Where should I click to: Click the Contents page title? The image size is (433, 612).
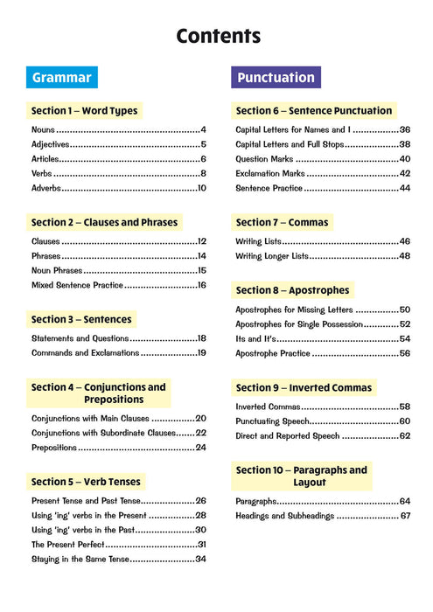[x=218, y=36]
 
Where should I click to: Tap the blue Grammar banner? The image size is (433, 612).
[x=61, y=77]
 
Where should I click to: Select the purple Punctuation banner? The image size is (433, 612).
[x=276, y=77]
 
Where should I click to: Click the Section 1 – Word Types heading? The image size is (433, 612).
[x=84, y=111]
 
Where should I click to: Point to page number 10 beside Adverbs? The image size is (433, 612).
[x=201, y=188]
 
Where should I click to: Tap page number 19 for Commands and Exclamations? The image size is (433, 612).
[x=201, y=353]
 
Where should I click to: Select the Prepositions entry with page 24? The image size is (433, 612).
[x=56, y=448]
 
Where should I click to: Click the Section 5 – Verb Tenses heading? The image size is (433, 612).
[x=86, y=481]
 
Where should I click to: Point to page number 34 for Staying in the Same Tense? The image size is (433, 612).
[x=200, y=559]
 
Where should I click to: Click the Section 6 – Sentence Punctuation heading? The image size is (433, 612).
[x=314, y=111]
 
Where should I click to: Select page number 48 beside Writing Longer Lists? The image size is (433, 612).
[x=405, y=256]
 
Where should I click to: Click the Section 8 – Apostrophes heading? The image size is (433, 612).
[x=293, y=290]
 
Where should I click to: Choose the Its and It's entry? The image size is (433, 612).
[x=255, y=338]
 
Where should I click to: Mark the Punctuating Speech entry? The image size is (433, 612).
[x=275, y=421]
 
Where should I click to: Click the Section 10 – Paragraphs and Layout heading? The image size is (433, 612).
[x=302, y=476]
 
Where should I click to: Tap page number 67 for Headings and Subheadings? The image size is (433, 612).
[x=405, y=516]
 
